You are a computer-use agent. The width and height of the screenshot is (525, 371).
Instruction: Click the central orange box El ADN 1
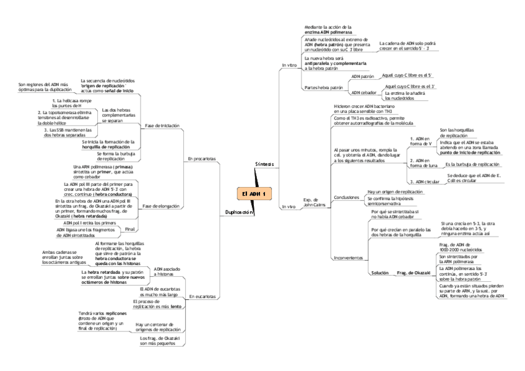pos(254,194)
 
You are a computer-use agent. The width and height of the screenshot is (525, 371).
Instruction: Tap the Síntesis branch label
pos(264,164)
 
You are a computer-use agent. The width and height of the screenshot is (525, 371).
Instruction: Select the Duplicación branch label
pos(240,212)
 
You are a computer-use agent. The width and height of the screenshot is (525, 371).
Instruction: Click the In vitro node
pos(289,65)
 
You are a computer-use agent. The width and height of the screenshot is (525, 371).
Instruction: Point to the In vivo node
pos(289,206)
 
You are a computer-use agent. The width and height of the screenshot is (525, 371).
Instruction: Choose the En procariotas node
pos(202,159)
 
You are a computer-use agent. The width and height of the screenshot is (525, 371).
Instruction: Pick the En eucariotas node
pos(202,297)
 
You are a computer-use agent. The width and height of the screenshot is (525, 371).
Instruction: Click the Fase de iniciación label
pos(162,125)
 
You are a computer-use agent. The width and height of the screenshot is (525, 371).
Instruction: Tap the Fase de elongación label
pos(162,206)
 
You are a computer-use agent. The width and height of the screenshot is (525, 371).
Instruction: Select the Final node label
pos(131,229)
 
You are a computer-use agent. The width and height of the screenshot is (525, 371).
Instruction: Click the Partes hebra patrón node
pos(323,88)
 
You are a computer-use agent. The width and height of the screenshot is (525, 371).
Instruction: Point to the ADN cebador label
pos(363,92)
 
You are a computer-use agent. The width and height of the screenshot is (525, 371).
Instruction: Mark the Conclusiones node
pos(346,197)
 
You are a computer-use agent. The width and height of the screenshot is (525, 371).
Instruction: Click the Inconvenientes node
pos(347,257)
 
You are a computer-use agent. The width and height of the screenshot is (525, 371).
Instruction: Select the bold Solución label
pos(380,273)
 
